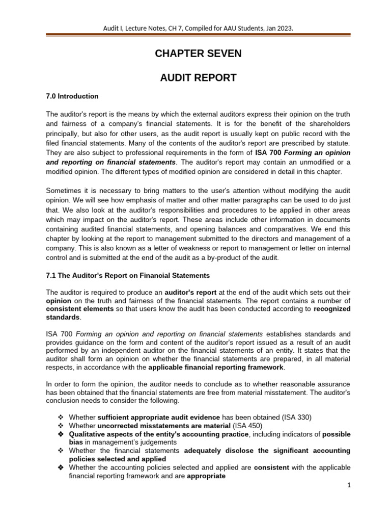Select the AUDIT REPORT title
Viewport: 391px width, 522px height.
199,77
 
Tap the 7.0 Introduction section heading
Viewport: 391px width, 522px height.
72,96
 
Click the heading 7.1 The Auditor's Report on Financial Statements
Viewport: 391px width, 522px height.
128,275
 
